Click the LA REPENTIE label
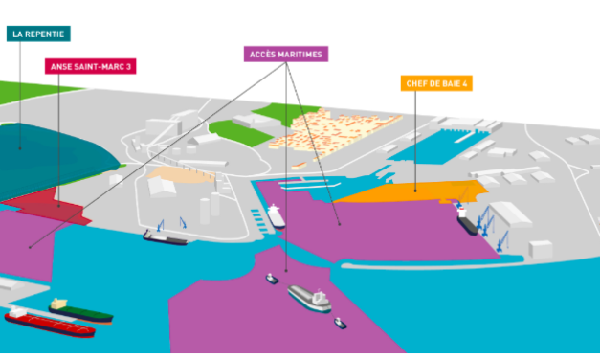click(38, 34)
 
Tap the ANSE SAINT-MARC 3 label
click(90, 67)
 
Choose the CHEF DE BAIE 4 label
click(436, 83)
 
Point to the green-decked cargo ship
click(80, 310)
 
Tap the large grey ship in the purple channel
click(309, 299)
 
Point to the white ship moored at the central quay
click(276, 214)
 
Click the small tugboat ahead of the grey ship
click(272, 279)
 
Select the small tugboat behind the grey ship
click(341, 323)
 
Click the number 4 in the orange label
click(467, 83)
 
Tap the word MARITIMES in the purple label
click(302, 54)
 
